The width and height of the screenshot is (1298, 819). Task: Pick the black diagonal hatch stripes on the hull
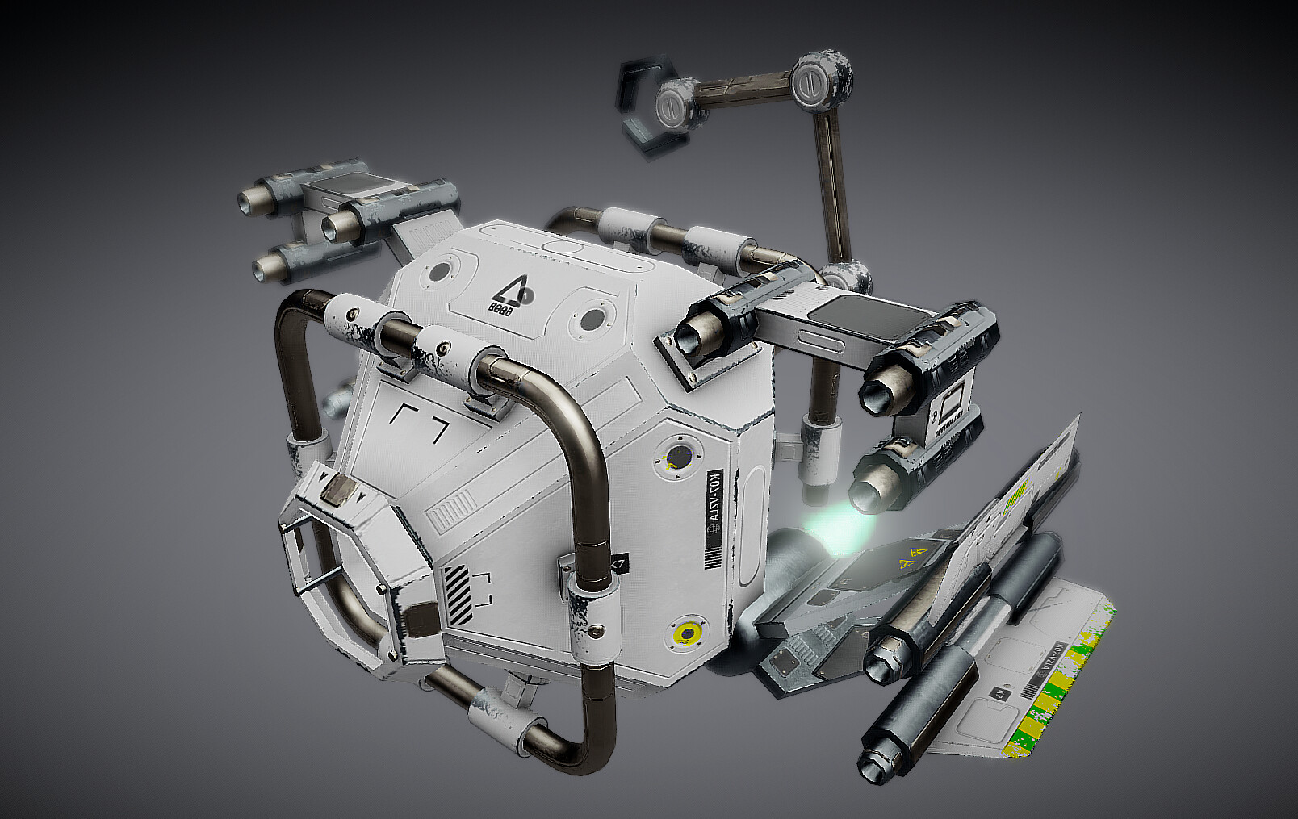click(x=457, y=595)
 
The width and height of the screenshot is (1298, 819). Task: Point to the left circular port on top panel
click(x=441, y=271)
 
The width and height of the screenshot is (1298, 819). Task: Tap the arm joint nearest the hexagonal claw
click(x=673, y=102)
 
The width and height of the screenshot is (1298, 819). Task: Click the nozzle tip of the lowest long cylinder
click(x=873, y=762)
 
